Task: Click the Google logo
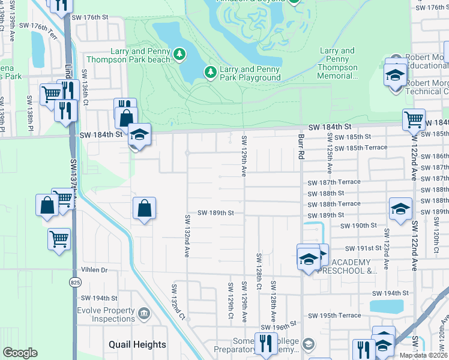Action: tap(20, 353)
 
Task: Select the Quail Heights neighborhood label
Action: tap(137, 344)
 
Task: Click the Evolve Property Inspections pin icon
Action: tap(143, 313)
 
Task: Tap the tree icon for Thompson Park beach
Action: tap(179, 55)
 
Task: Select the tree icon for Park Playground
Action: tap(210, 73)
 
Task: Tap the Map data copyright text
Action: tap(423, 355)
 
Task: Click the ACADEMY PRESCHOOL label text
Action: tap(354, 267)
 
